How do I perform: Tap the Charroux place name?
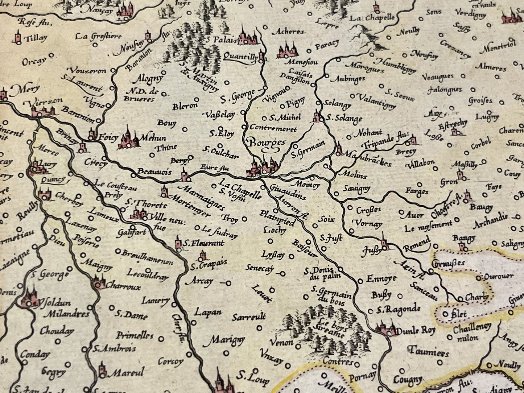click(123, 286)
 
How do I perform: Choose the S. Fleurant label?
click(203, 244)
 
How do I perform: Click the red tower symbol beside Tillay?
click(17, 37)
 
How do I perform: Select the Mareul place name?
click(127, 372)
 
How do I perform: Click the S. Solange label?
click(344, 118)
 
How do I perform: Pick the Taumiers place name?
click(429, 351)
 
